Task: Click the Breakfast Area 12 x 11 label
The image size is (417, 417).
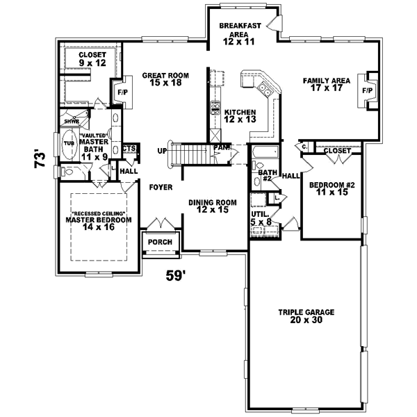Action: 240,33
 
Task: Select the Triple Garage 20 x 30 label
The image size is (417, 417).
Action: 306,317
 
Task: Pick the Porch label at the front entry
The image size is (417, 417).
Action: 161,241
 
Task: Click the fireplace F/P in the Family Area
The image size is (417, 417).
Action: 366,90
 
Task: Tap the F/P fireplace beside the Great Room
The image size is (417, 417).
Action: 122,92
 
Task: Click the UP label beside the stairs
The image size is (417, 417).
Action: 162,151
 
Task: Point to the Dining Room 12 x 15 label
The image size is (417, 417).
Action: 213,206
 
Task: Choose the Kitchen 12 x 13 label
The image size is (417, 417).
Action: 240,115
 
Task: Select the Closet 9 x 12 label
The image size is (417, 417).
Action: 92,58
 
